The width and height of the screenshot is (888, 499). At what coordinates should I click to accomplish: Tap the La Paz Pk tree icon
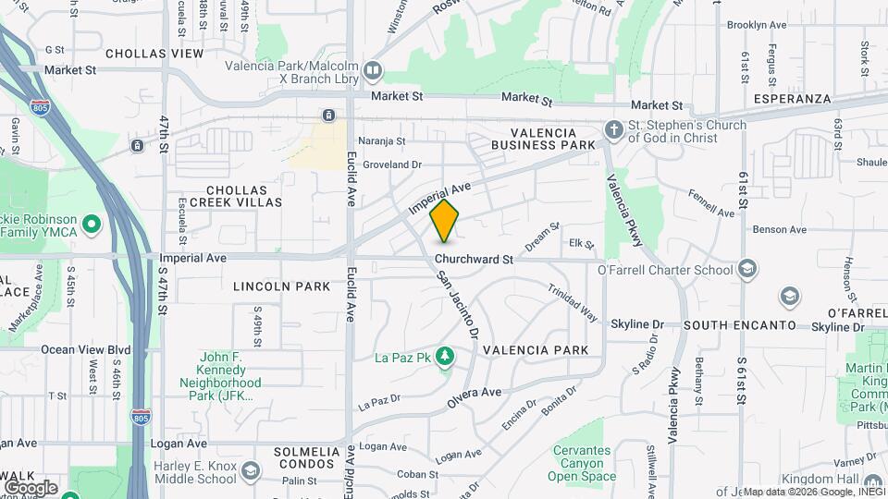(x=445, y=356)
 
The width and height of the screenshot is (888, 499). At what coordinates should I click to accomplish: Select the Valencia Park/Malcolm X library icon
(x=373, y=70)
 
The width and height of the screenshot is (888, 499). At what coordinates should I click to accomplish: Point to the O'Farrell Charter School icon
(x=747, y=270)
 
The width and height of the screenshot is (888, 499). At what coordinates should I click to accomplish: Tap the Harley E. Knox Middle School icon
(x=250, y=471)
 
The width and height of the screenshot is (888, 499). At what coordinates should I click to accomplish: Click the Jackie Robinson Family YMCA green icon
(x=92, y=225)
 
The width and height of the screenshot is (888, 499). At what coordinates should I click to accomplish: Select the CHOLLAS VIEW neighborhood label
(x=154, y=54)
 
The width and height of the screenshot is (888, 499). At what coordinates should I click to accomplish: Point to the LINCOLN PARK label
(x=281, y=286)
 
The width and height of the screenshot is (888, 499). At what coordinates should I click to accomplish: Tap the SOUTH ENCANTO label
(x=739, y=326)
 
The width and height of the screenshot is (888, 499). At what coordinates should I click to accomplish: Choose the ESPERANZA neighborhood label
(x=792, y=98)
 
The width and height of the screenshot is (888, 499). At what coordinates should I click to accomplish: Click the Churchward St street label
(x=474, y=260)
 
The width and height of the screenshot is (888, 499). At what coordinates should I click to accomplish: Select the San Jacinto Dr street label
(x=459, y=305)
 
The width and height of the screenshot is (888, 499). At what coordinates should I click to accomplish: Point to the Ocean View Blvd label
(x=86, y=350)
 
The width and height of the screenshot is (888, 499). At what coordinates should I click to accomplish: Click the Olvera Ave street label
(x=474, y=393)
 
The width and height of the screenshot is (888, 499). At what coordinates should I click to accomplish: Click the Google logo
(x=31, y=488)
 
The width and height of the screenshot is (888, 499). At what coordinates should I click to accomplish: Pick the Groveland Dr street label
(x=392, y=164)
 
